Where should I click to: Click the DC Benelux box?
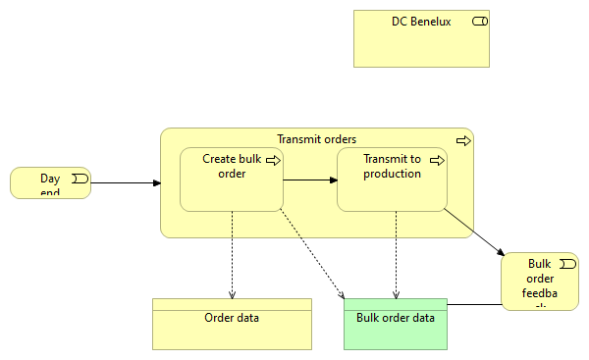coord(421,45)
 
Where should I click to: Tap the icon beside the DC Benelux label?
coord(480,22)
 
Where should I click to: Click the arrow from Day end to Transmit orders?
coord(126,183)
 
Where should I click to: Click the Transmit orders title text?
coord(316,139)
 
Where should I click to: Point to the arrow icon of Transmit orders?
coord(463,141)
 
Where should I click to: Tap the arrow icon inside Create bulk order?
coord(272,160)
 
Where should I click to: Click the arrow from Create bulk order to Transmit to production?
coord(310,180)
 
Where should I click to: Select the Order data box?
coord(232,329)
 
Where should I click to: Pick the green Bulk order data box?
coord(395,329)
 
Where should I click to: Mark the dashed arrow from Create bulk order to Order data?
coord(232,255)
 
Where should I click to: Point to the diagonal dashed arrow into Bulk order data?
coord(312,254)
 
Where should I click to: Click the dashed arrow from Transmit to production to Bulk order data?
coord(396,255)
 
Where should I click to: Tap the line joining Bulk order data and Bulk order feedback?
coord(473,305)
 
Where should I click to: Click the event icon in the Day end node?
coord(79,179)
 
